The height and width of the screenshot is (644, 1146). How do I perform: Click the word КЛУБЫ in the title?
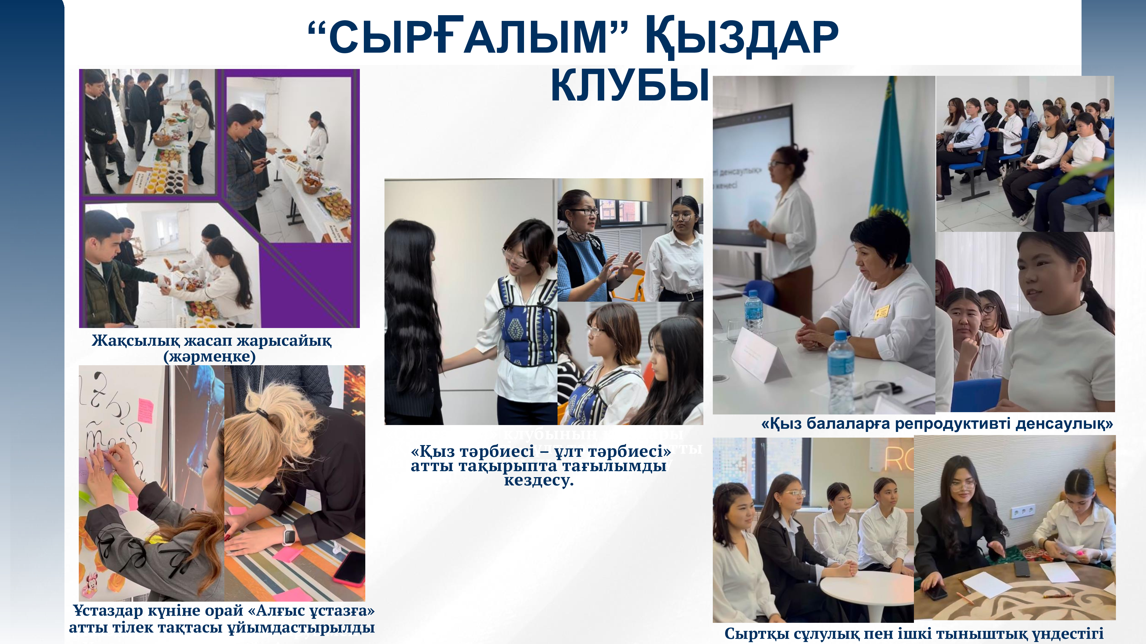coord(629,85)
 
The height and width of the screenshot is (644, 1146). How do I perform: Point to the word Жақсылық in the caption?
coord(136,341)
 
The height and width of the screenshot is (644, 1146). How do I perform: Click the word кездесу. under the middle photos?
coord(539,481)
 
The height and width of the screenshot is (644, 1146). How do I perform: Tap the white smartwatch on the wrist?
coord(288,535)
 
